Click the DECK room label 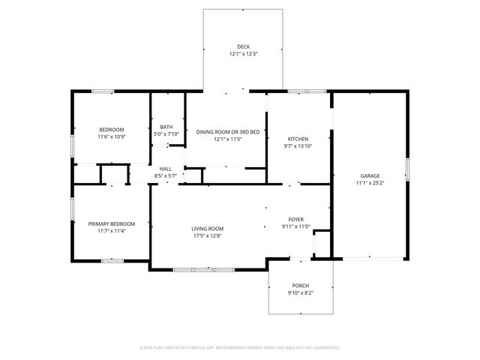tap(244, 46)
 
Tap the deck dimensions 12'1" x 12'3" tap(244, 54)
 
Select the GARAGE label tap(369, 176)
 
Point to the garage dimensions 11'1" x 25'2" tap(369, 183)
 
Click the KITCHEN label tap(298, 139)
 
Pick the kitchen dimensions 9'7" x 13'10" tap(298, 146)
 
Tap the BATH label tap(166, 127)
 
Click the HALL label tap(165, 169)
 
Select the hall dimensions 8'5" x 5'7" tap(165, 175)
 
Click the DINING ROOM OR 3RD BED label tap(228, 132)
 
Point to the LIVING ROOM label tap(207, 229)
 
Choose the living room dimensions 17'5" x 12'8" tap(207, 236)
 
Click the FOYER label tap(295, 219)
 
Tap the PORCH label tap(300, 286)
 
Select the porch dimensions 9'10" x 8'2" tap(300, 293)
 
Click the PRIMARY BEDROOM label tap(111, 223)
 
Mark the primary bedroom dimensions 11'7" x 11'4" tap(111, 231)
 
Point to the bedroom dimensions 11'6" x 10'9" tap(111, 137)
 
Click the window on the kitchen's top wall tap(307, 91)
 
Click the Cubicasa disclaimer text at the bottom tap(240, 347)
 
